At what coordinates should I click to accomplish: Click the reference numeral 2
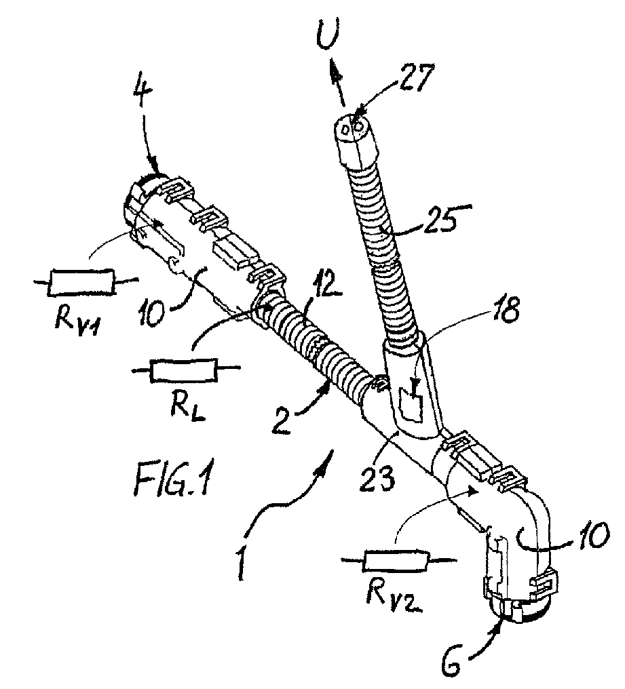(282, 419)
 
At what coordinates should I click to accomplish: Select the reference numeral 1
(240, 559)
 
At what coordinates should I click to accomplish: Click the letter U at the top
(329, 39)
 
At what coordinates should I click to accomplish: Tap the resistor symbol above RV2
(398, 561)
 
